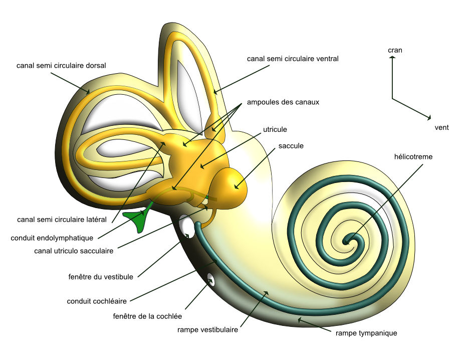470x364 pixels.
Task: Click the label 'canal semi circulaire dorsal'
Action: coord(61,65)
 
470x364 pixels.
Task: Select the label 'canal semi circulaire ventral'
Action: coord(293,59)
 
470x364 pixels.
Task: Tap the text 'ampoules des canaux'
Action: coord(283,102)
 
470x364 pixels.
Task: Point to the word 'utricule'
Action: coord(275,129)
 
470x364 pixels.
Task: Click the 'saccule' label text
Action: coord(291,146)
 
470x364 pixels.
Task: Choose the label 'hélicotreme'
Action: coord(413,156)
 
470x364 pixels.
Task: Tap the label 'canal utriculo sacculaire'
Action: coord(73,250)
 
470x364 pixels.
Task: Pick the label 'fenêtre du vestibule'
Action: coord(100,276)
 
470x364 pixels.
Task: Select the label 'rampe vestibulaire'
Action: coord(207,329)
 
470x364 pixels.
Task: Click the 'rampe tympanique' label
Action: coord(366,333)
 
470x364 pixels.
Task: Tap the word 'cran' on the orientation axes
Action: coord(395,50)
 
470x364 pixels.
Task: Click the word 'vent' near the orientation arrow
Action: coord(441,127)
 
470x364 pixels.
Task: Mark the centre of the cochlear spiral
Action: coord(347,241)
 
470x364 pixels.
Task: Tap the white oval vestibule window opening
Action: coord(187,226)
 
